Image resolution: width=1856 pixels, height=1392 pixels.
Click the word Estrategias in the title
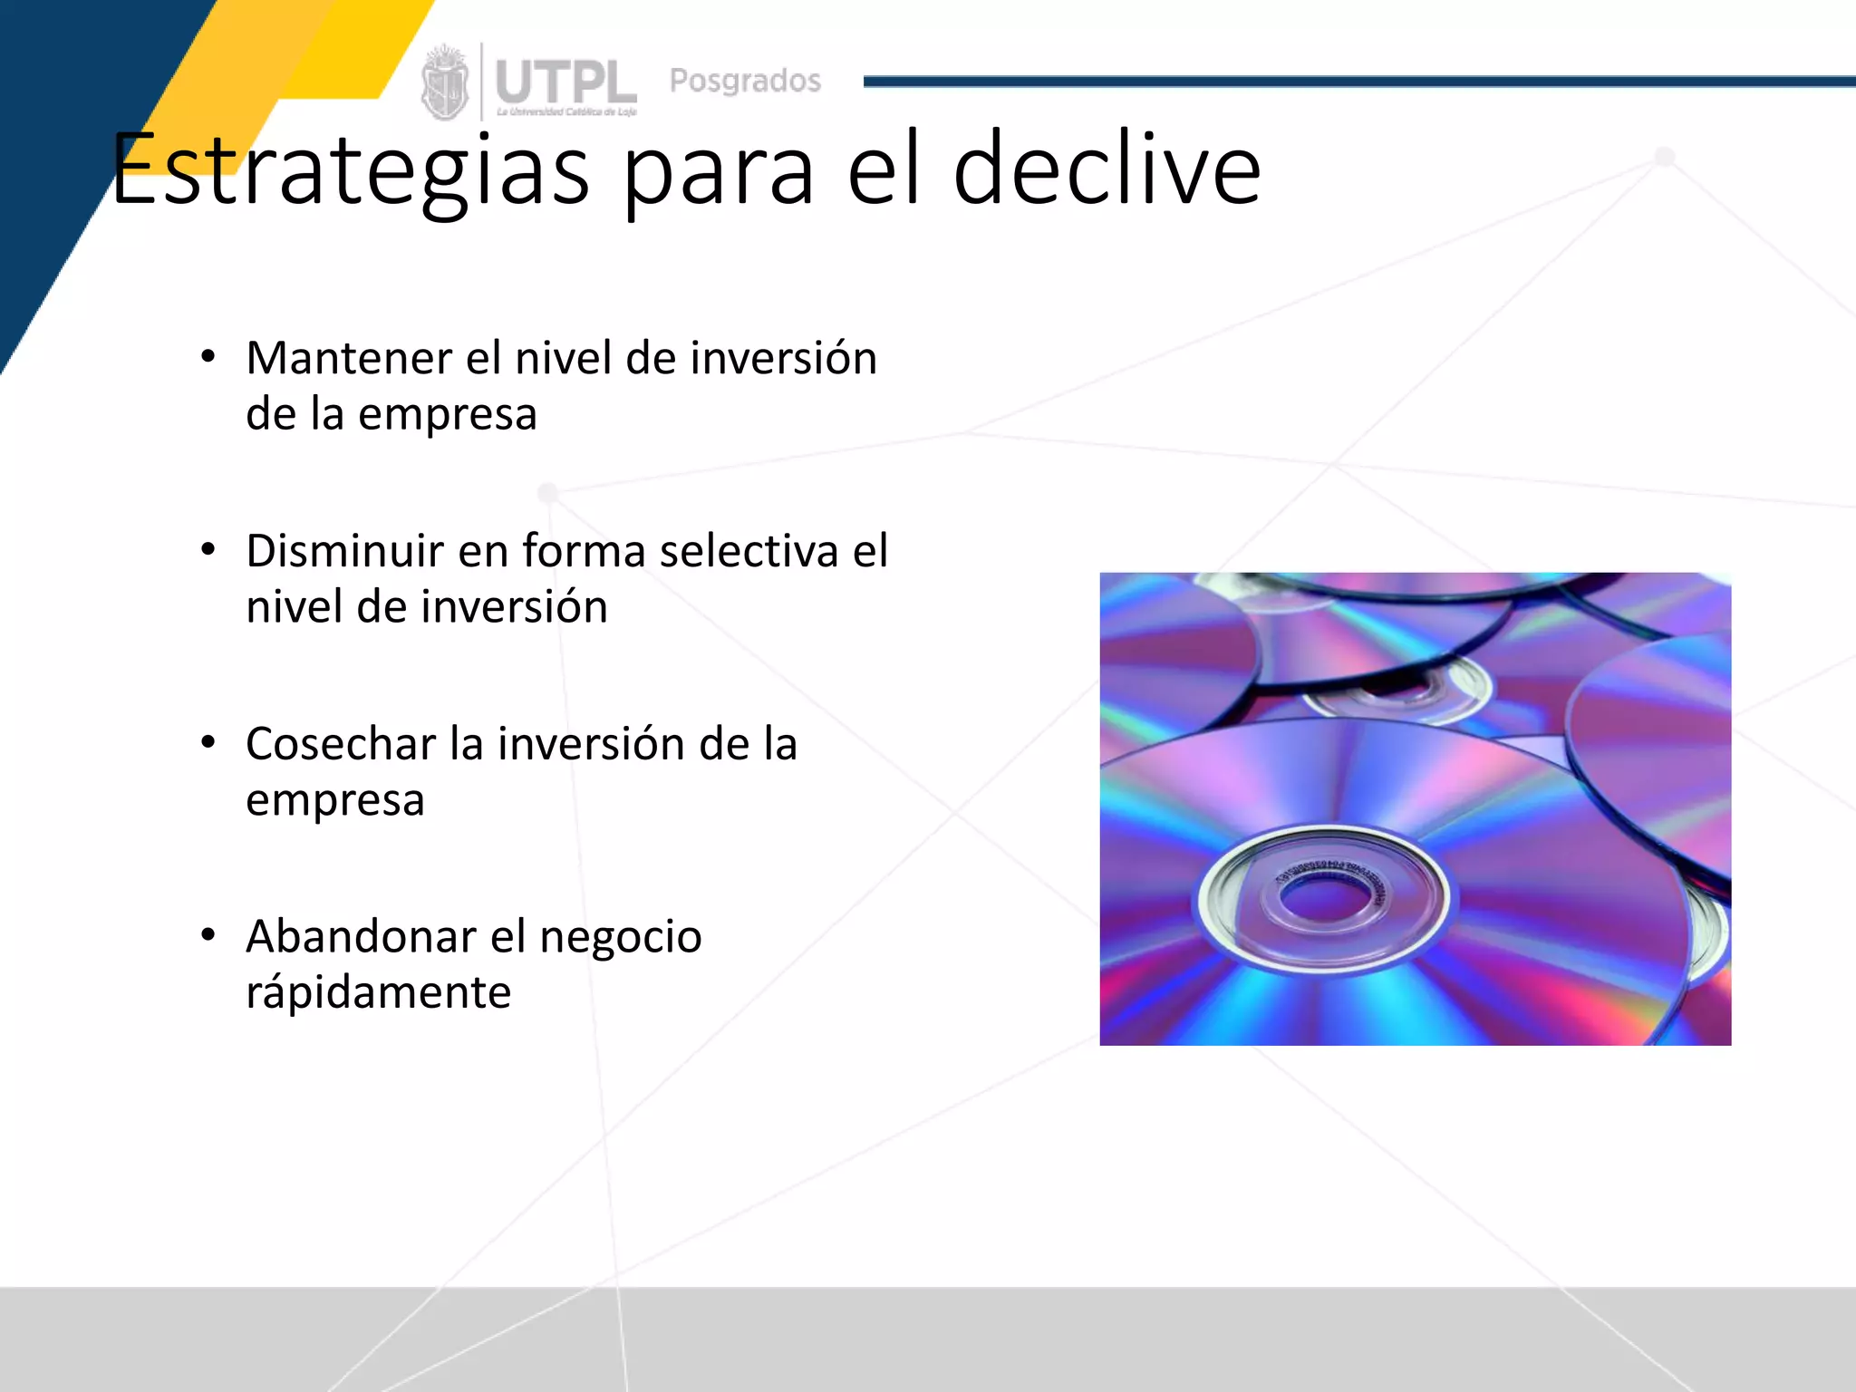(350, 170)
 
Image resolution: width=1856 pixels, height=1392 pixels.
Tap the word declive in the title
(1107, 170)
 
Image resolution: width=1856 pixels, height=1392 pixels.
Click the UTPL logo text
(565, 82)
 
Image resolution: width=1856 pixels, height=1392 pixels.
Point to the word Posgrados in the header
(745, 81)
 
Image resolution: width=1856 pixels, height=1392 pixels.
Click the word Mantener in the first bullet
(349, 358)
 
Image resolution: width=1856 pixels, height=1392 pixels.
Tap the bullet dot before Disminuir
(208, 550)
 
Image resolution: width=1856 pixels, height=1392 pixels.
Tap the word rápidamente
(378, 992)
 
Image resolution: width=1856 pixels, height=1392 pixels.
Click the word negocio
(621, 936)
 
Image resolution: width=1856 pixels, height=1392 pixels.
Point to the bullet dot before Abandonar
(208, 934)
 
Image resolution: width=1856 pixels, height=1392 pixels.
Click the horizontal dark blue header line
(1359, 82)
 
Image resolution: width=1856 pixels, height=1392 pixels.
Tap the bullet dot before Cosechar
(208, 742)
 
